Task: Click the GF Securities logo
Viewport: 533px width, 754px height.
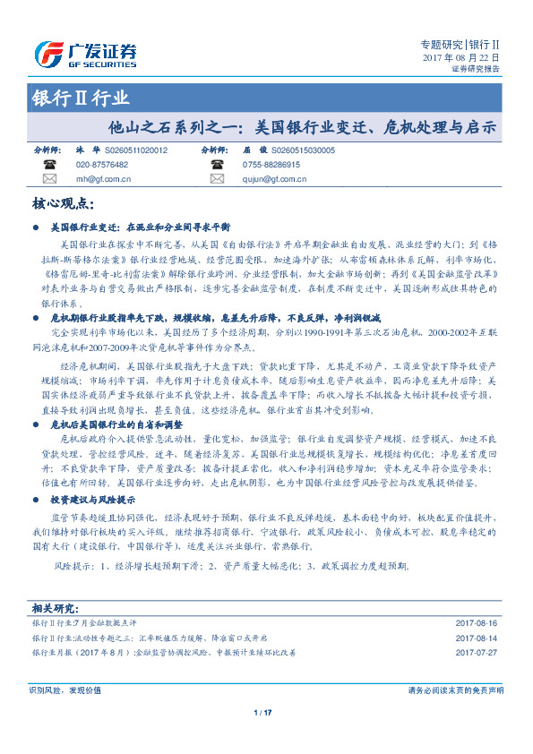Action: pos(84,55)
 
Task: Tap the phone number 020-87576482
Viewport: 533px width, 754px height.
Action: pos(102,166)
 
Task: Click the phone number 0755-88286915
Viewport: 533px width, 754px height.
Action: pos(270,166)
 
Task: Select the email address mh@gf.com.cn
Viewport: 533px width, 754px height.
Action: pos(104,179)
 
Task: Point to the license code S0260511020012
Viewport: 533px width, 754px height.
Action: pos(136,151)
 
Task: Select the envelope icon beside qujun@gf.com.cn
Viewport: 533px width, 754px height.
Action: pos(216,179)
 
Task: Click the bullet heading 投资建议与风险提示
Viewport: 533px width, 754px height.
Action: pos(93,499)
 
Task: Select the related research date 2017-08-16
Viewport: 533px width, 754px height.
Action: pos(476,622)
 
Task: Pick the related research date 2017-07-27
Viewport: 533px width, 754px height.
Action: pos(476,653)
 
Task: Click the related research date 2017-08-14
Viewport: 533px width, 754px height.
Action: pos(476,638)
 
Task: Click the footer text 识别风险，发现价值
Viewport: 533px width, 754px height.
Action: pos(64,690)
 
